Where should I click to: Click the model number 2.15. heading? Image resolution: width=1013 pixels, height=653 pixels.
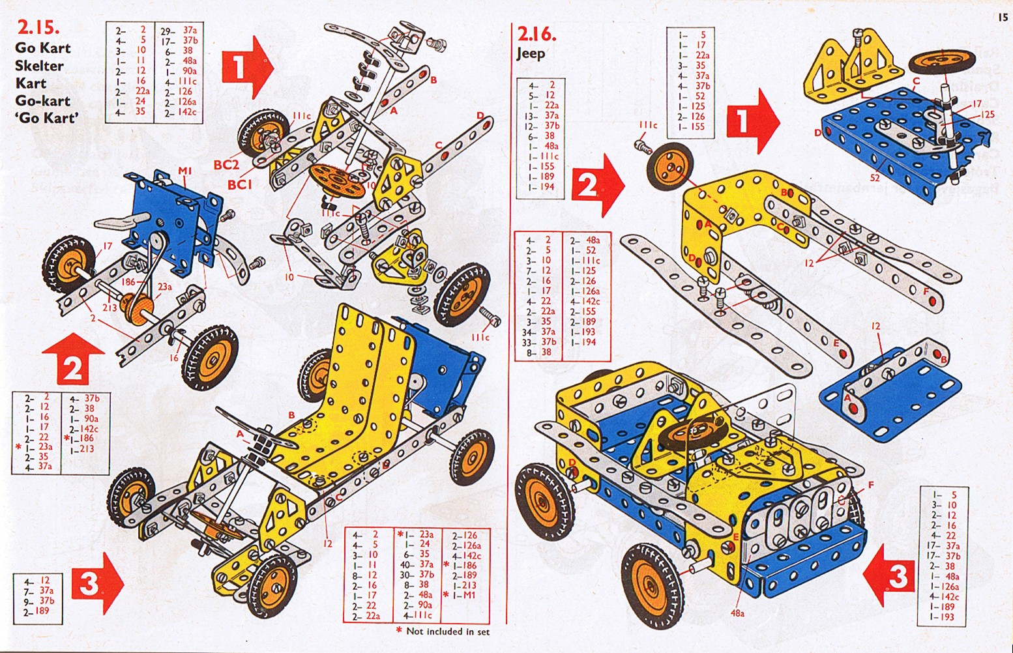pyautogui.click(x=38, y=28)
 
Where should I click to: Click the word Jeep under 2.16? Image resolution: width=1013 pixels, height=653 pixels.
pyautogui.click(x=531, y=53)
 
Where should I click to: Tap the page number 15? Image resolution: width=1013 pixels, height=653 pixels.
pyautogui.click(x=1002, y=18)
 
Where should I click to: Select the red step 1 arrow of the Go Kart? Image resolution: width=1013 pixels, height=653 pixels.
pyautogui.click(x=247, y=66)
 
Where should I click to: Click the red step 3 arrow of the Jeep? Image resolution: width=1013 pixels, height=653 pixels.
pyautogui.click(x=890, y=575)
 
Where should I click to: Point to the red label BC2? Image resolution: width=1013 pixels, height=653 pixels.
pyautogui.click(x=226, y=165)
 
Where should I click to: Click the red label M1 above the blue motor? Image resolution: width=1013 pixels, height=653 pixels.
pyautogui.click(x=185, y=171)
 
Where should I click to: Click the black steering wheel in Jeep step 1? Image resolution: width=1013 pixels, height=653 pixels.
pyautogui.click(x=934, y=63)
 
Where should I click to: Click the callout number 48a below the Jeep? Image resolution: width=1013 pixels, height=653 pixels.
pyautogui.click(x=737, y=613)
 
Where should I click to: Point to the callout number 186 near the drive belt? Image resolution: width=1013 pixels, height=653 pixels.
pyautogui.click(x=128, y=282)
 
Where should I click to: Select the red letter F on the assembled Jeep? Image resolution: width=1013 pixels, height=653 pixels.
pyautogui.click(x=870, y=485)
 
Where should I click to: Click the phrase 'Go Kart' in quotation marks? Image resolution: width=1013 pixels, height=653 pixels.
pyautogui.click(x=46, y=118)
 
